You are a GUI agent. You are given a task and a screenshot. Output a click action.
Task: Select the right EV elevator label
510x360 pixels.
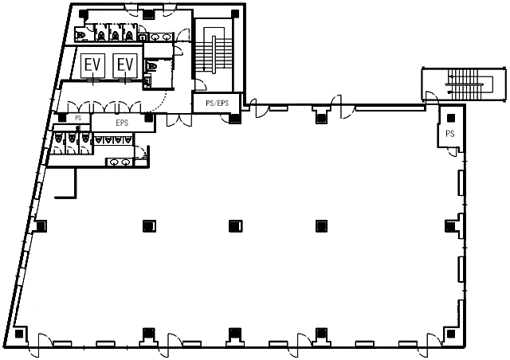click(x=125, y=65)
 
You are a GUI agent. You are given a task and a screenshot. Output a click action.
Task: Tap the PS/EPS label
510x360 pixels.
click(x=218, y=104)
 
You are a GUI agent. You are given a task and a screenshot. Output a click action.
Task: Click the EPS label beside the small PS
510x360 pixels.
click(x=122, y=123)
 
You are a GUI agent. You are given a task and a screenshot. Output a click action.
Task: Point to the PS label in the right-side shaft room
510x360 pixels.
click(x=450, y=133)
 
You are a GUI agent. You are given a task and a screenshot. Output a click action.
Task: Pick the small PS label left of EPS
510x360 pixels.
click(x=78, y=118)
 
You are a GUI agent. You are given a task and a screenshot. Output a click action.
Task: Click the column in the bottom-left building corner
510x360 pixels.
click(x=19, y=334)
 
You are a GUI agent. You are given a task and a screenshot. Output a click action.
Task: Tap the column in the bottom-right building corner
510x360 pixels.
click(x=451, y=334)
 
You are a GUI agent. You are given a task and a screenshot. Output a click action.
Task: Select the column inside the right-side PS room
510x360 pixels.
click(x=451, y=118)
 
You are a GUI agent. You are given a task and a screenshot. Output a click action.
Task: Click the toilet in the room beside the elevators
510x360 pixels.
click(x=151, y=67)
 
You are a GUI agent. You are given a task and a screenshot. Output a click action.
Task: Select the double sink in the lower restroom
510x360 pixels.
click(x=120, y=162)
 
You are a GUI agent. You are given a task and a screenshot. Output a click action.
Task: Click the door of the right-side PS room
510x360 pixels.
click(x=453, y=151)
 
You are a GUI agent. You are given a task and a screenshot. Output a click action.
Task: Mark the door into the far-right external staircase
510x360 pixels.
click(x=432, y=97)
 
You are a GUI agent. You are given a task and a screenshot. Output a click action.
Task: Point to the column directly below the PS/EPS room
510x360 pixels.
click(x=235, y=118)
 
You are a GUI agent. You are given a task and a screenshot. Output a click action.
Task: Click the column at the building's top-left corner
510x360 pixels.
click(x=83, y=14)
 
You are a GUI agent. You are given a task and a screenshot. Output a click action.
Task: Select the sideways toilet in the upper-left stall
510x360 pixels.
click(x=80, y=34)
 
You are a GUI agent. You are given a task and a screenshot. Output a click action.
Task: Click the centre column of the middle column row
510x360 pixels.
click(x=236, y=225)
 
